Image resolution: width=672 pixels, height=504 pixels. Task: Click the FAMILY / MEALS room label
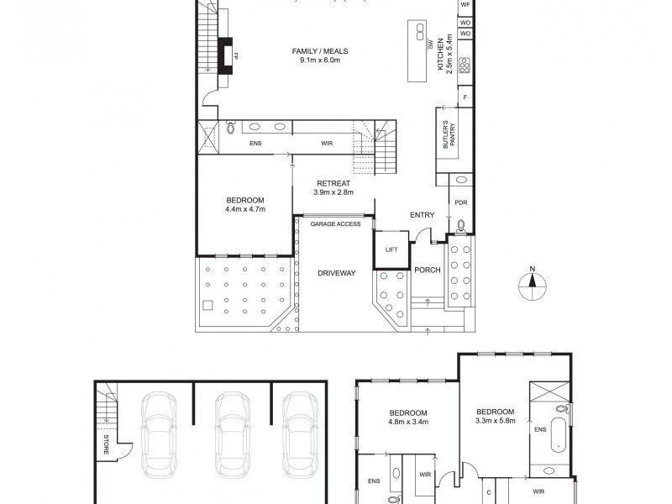coord(319,55)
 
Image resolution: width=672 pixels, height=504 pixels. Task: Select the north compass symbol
coord(531,286)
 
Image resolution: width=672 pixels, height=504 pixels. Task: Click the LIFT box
coord(391,249)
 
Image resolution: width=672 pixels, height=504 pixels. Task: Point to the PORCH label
coord(427,270)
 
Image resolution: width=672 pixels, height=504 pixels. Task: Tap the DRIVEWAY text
coord(337,273)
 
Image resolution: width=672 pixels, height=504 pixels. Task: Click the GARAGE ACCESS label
coord(335,224)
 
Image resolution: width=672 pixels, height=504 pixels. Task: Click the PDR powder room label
coord(460,202)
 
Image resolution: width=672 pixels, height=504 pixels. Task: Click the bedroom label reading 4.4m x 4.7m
coord(245,204)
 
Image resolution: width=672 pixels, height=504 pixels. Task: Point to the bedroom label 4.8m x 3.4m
coord(408,417)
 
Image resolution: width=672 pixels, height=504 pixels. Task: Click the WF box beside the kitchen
coord(465,5)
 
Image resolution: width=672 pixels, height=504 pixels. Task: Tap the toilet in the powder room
coord(460,225)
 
